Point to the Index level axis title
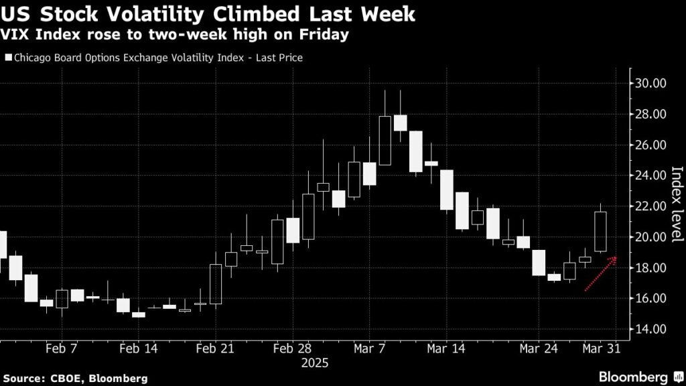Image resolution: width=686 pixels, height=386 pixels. click(x=676, y=204)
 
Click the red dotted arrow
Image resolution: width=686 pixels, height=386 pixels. click(x=600, y=275)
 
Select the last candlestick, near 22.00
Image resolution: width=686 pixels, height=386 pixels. click(x=601, y=232)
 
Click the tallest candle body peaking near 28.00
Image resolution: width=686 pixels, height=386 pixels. click(x=385, y=140)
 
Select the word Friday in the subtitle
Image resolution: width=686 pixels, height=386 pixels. click(x=326, y=35)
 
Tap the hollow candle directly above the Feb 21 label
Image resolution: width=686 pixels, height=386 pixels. click(x=216, y=284)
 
